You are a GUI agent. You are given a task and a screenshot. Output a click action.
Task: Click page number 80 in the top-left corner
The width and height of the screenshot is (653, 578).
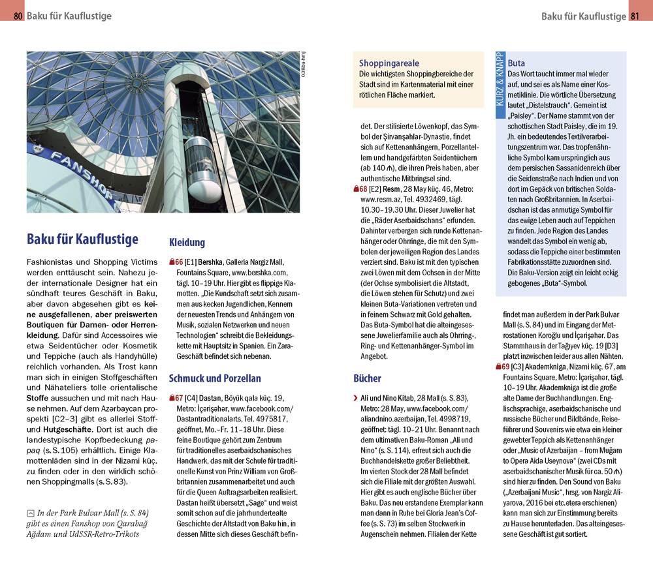click(x=18, y=16)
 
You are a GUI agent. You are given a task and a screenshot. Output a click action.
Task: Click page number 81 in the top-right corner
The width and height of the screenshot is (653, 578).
click(x=635, y=16)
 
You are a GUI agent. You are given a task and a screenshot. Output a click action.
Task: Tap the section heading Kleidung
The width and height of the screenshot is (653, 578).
click(x=187, y=242)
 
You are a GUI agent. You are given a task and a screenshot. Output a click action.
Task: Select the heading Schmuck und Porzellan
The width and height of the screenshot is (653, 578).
click(x=215, y=378)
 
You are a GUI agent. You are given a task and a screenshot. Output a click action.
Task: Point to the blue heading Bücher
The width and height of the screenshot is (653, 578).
click(x=367, y=378)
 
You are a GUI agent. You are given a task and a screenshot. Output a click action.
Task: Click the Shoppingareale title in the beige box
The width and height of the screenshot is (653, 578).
click(x=389, y=63)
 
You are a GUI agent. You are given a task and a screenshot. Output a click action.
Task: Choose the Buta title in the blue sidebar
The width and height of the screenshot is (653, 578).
click(x=516, y=63)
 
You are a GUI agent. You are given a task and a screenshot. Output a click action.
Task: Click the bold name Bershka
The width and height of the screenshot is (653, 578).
click(x=210, y=262)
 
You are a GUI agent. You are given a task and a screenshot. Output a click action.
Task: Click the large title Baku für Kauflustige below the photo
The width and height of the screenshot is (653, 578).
click(x=82, y=239)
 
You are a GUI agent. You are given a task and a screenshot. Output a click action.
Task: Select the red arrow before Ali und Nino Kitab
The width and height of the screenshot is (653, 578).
click(x=355, y=398)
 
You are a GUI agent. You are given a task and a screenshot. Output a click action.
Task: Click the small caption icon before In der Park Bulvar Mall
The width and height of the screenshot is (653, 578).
click(x=31, y=513)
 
